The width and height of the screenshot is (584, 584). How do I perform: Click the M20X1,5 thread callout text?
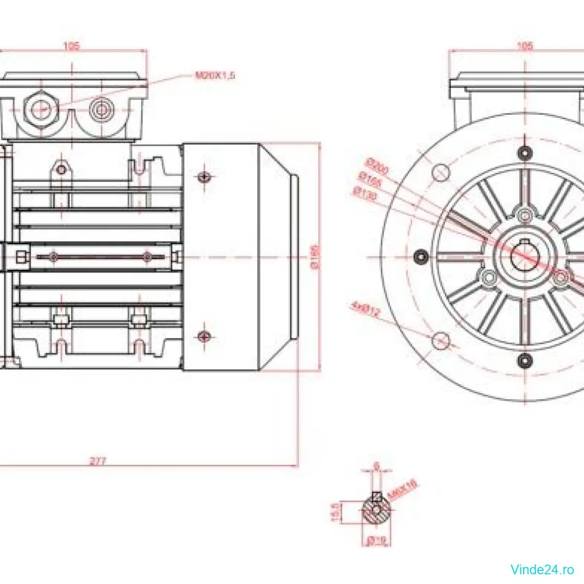click(x=215, y=75)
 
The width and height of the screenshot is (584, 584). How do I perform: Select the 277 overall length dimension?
click(x=98, y=460)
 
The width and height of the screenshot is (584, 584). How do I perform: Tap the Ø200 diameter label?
click(x=378, y=166)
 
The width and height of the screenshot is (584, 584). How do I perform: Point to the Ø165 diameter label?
click(x=370, y=180)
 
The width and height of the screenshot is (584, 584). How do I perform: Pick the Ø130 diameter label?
click(x=366, y=193)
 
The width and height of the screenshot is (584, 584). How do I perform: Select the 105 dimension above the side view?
click(x=72, y=46)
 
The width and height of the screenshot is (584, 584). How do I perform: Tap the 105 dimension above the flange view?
click(x=525, y=46)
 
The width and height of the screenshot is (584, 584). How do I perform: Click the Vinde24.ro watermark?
click(x=542, y=568)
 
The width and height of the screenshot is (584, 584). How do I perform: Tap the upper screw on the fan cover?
click(x=204, y=177)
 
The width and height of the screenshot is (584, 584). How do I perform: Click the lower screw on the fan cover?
click(x=204, y=336)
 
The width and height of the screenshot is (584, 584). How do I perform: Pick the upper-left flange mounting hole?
click(x=440, y=172)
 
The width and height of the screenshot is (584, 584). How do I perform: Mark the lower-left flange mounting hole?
click(x=440, y=340)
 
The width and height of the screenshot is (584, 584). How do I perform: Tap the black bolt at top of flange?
click(x=525, y=152)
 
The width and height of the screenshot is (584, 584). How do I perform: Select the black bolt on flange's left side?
click(x=421, y=256)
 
